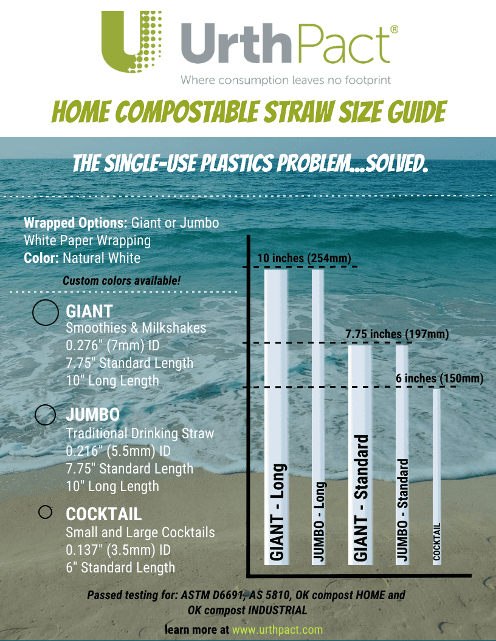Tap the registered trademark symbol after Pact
[x=394, y=29]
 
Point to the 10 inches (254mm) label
[x=304, y=259]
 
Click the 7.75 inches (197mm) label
[x=397, y=334]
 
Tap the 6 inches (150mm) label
[x=439, y=378]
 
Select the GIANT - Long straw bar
[x=276, y=417]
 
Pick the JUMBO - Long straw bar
[x=318, y=417]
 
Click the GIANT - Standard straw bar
[x=360, y=455]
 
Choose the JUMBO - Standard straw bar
[x=402, y=455]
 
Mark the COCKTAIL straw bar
[x=436, y=477]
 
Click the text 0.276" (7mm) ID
[x=112, y=345]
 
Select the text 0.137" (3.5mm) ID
[x=119, y=550]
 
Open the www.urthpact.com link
[x=277, y=630]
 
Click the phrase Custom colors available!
[x=122, y=281]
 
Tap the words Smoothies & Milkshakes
[x=136, y=328]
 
